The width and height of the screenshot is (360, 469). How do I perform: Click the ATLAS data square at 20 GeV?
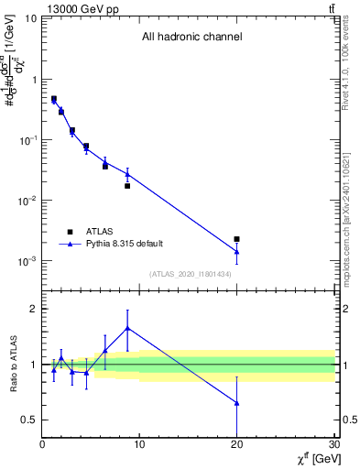click(236, 239)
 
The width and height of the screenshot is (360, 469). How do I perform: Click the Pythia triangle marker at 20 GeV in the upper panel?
click(236, 251)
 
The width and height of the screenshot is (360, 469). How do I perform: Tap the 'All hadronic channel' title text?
click(191, 38)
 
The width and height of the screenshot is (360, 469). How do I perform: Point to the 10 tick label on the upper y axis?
click(31, 18)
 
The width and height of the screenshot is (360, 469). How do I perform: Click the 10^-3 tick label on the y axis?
click(27, 261)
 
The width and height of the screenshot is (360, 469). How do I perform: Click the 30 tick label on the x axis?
click(333, 444)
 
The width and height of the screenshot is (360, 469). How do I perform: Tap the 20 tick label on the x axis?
click(236, 444)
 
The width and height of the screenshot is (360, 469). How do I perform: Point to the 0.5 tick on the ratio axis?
click(29, 420)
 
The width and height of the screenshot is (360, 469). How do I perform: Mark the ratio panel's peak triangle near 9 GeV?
click(127, 327)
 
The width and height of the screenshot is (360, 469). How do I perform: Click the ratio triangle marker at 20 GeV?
click(236, 403)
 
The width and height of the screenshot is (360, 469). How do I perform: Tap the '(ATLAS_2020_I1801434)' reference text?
click(190, 274)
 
